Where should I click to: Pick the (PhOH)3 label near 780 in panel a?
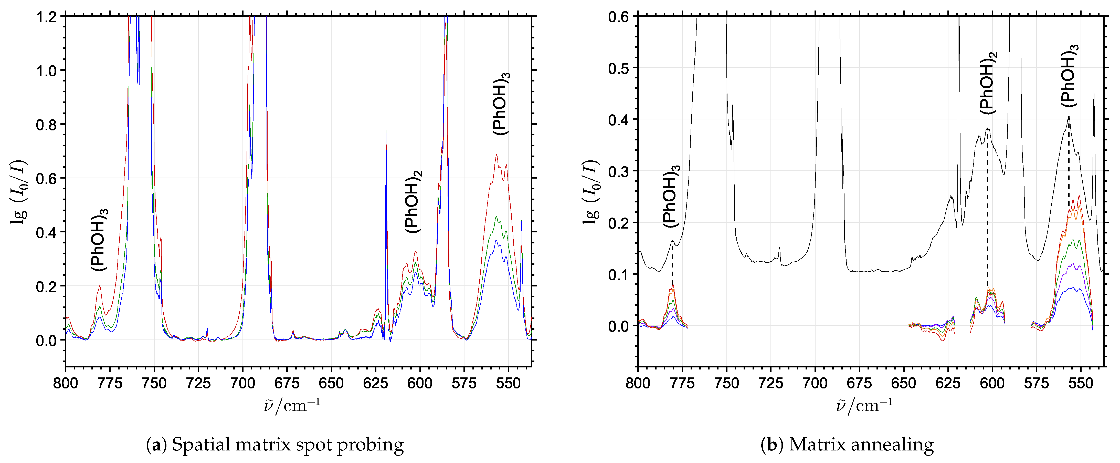tap(99, 240)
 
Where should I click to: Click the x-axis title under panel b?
tap(864, 406)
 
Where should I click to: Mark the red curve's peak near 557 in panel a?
tap(496, 155)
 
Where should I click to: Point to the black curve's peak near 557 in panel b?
tap(1068, 117)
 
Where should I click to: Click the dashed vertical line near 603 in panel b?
tap(987, 209)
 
